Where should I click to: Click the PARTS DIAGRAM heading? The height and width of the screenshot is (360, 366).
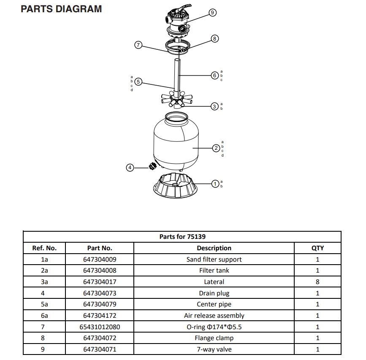pyautogui.click(x=61, y=8)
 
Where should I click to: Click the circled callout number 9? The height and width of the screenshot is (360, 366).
pyautogui.click(x=212, y=13)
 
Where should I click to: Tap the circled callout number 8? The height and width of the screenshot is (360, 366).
pyautogui.click(x=214, y=38)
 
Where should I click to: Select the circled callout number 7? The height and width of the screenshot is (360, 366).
pyautogui.click(x=138, y=45)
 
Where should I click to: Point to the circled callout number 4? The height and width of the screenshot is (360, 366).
pyautogui.click(x=130, y=168)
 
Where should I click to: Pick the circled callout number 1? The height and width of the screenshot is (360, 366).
pyautogui.click(x=215, y=184)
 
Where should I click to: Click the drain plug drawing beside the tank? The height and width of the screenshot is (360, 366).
pyautogui.click(x=150, y=165)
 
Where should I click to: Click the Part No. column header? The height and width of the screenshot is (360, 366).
pyautogui.click(x=100, y=248)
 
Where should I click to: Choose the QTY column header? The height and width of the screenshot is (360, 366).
pyautogui.click(x=317, y=248)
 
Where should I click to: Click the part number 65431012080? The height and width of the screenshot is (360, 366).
pyautogui.click(x=100, y=327)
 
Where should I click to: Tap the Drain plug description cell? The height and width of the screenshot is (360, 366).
pyautogui.click(x=214, y=293)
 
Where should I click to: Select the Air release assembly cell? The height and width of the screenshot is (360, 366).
pyautogui.click(x=214, y=315)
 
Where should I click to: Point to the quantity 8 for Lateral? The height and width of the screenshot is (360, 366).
pyautogui.click(x=317, y=282)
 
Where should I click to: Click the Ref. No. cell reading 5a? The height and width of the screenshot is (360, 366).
pyautogui.click(x=44, y=304)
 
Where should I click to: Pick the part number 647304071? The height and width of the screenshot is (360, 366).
pyautogui.click(x=100, y=349)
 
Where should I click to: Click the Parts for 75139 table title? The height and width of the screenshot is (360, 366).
pyautogui.click(x=182, y=236)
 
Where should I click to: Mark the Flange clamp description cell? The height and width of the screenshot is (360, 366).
pyautogui.click(x=214, y=338)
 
